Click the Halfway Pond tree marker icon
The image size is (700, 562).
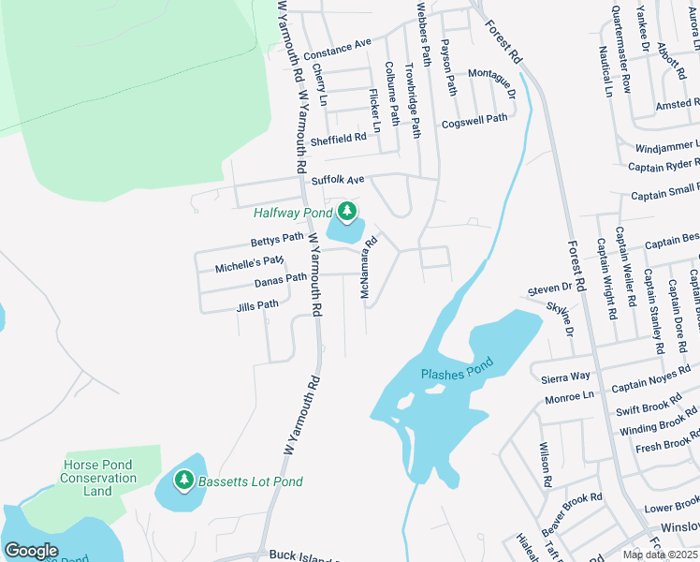click(347, 211)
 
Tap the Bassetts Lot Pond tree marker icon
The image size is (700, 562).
click(184, 481)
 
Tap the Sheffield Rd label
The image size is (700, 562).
click(339, 138)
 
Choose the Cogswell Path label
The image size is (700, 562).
click(474, 120)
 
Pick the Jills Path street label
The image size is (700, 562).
click(257, 304)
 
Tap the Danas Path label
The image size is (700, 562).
click(281, 278)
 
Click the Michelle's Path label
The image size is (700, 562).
click(249, 265)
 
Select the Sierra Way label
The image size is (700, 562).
click(566, 377)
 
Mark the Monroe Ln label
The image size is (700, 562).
click(569, 397)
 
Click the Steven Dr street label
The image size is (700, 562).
click(549, 288)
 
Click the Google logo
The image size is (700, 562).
click(31, 550)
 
